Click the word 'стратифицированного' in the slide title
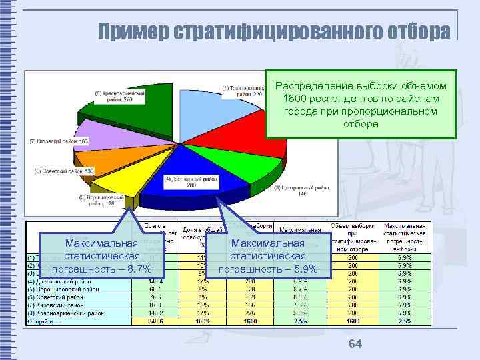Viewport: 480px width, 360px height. (x=277, y=31)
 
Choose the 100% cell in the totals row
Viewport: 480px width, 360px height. (x=201, y=321)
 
